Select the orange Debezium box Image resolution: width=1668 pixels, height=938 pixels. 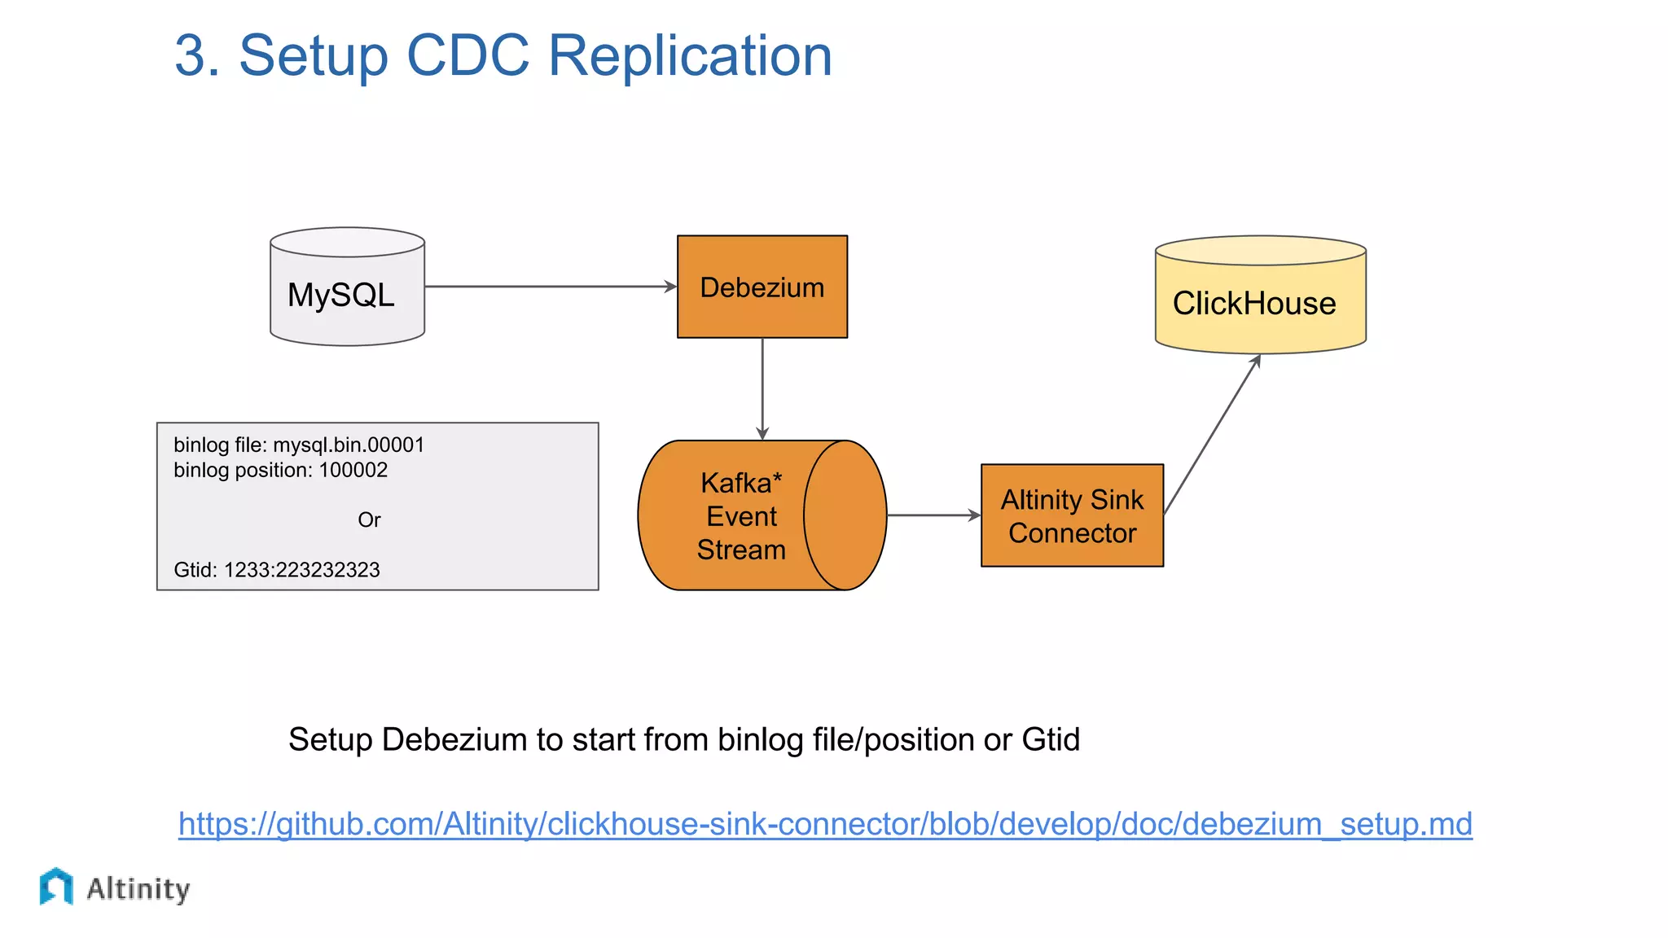coord(762,287)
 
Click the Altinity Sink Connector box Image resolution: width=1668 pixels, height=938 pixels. coord(1072,515)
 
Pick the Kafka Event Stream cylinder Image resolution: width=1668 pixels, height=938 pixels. coord(761,515)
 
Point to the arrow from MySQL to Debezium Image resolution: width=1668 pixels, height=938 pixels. coord(550,287)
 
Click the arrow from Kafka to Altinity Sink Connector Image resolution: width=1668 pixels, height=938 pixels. coord(933,515)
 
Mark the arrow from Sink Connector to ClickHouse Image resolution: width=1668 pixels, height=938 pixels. coord(1212,436)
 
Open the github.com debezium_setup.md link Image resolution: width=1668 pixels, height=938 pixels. coord(824,824)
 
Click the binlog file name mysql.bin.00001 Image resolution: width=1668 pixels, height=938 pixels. coord(349,445)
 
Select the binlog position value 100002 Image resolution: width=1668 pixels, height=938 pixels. coord(353,471)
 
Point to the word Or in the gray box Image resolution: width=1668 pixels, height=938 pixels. coord(369,520)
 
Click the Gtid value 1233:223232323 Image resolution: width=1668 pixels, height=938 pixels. coord(301,570)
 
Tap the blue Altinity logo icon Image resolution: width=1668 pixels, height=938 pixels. coord(56,887)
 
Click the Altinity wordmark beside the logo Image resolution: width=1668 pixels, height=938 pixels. coord(138,888)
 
